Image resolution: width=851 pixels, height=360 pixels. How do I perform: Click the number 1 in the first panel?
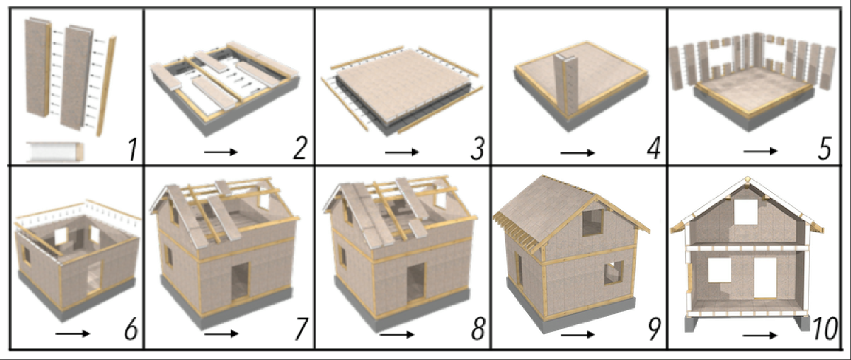(x=132, y=149)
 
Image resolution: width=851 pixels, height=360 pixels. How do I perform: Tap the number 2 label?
(x=300, y=149)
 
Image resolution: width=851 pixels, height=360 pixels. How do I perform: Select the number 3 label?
(x=477, y=149)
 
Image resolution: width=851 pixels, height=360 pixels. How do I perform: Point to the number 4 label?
(x=654, y=149)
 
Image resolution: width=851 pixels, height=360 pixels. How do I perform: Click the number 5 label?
(x=825, y=149)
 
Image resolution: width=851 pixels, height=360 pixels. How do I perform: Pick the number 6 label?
(x=130, y=329)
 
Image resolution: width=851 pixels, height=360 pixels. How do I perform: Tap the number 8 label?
(x=477, y=329)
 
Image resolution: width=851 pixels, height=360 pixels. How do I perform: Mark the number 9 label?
(x=654, y=329)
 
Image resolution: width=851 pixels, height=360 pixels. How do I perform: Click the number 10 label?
(x=825, y=329)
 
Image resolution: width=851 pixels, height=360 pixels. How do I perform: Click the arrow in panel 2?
(x=221, y=152)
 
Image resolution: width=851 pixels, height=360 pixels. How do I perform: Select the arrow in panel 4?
(x=577, y=153)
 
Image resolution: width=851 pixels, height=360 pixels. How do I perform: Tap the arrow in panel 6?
(x=73, y=334)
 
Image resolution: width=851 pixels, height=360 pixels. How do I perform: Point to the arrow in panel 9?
(x=577, y=335)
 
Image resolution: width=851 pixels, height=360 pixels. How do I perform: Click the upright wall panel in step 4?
(x=566, y=85)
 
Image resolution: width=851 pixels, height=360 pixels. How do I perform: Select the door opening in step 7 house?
(x=240, y=281)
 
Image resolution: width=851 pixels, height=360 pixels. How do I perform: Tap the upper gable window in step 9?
(x=593, y=222)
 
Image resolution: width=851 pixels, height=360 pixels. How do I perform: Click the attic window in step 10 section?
(x=746, y=211)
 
